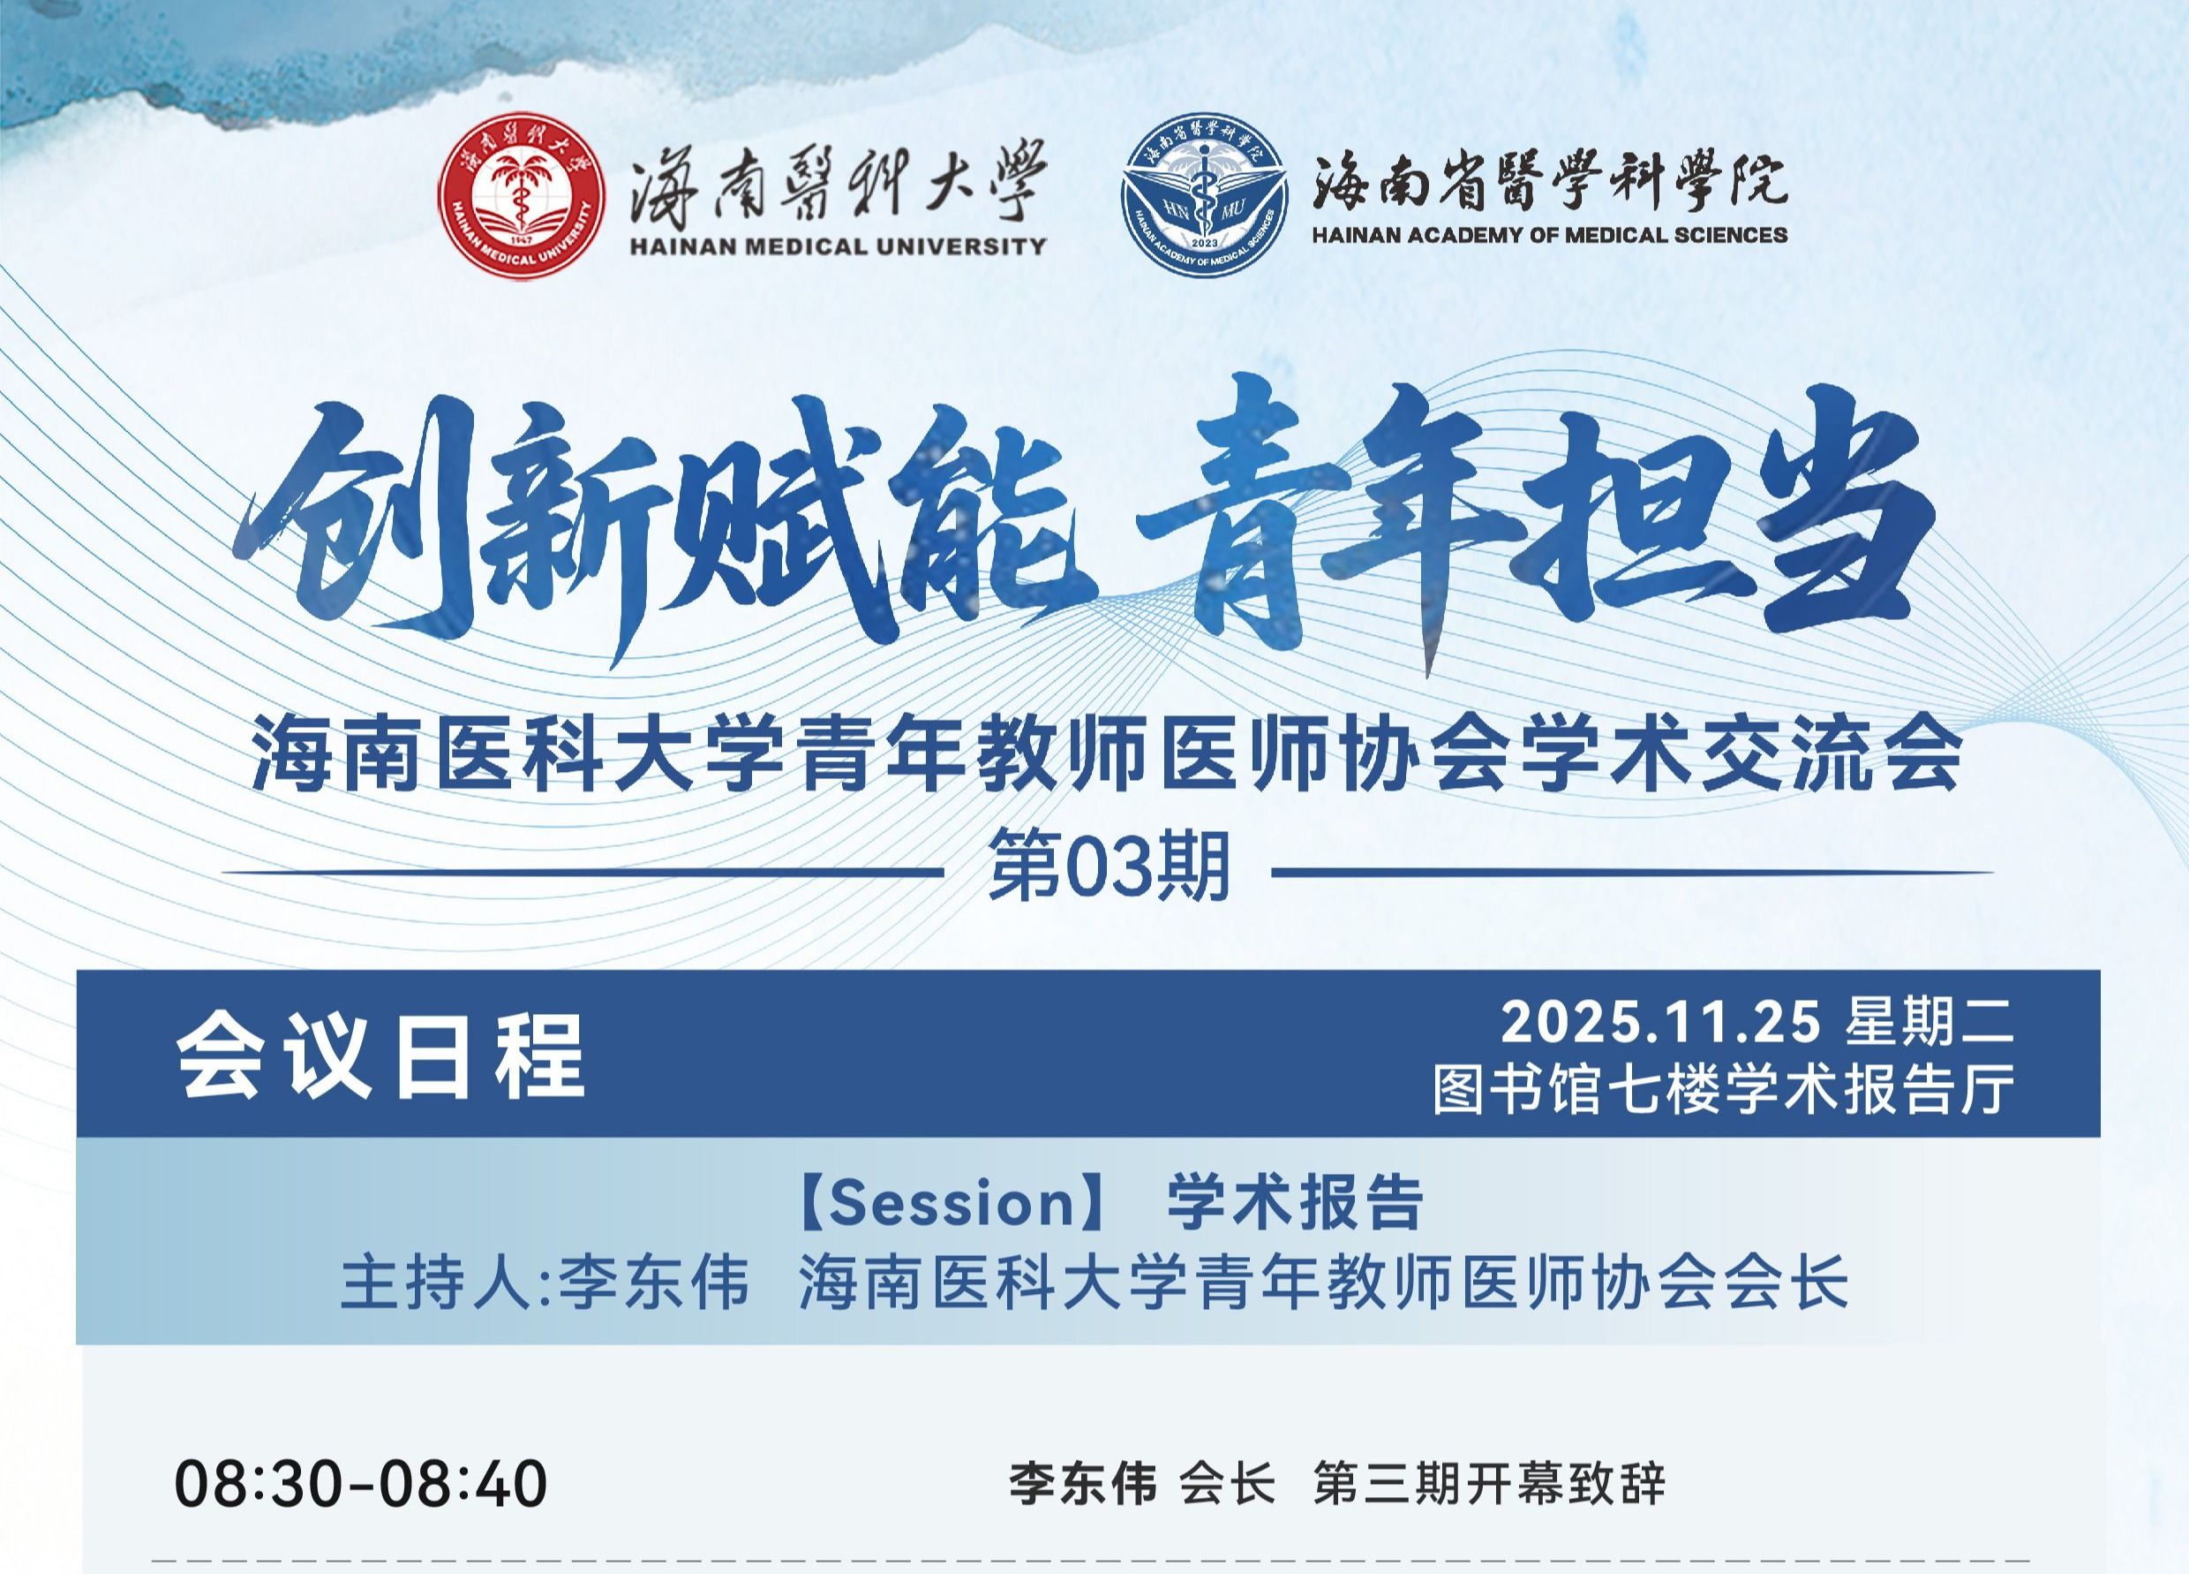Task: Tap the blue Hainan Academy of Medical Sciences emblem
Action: click(1204, 196)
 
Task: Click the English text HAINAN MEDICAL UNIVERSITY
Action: click(838, 246)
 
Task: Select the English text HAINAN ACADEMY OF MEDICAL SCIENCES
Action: click(1549, 235)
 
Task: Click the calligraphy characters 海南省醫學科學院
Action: click(1549, 182)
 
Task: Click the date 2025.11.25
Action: click(1660, 1022)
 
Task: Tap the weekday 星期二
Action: click(1930, 1022)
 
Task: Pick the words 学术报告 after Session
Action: click(1295, 1203)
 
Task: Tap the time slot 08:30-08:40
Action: click(361, 1484)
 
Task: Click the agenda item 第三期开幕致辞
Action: click(1489, 1484)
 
